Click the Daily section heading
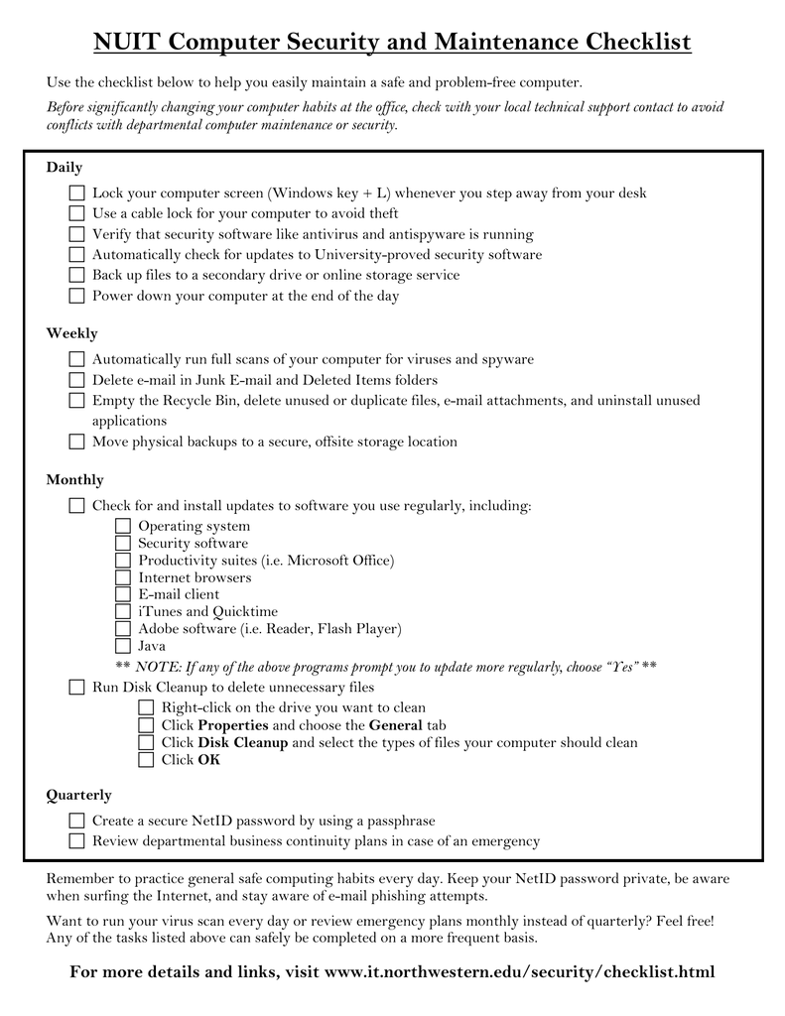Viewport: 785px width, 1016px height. tap(65, 168)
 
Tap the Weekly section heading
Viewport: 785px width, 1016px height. tap(72, 333)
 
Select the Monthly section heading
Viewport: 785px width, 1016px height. tap(75, 480)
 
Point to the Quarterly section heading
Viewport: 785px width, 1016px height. tap(79, 796)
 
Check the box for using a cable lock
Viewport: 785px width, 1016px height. tap(77, 213)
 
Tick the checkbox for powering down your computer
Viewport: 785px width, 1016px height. tap(77, 296)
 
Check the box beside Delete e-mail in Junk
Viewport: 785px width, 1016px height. tap(77, 380)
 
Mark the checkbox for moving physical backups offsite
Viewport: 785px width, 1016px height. tap(77, 442)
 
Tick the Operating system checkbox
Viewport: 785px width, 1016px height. tap(123, 526)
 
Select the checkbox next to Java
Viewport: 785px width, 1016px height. tap(123, 646)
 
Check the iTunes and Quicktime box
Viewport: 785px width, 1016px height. tap(123, 611)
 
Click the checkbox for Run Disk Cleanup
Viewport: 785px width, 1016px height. tap(77, 687)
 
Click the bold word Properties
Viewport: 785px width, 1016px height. tap(233, 725)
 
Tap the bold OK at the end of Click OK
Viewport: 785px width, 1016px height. tap(208, 760)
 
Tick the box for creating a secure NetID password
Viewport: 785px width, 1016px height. tap(77, 821)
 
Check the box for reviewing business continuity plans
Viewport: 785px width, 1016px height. tap(77, 841)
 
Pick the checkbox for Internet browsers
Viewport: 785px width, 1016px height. tap(123, 577)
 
